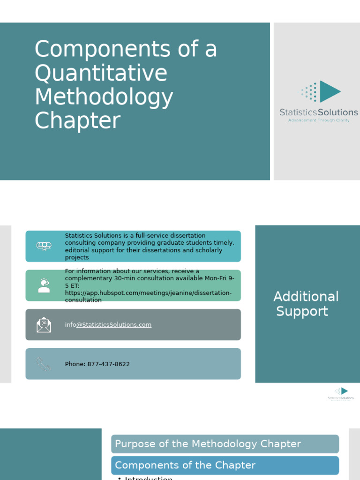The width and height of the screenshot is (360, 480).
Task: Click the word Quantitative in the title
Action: [101, 74]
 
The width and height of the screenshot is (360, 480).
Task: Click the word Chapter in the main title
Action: [77, 120]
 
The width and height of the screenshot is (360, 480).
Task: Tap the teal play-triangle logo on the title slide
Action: [330, 91]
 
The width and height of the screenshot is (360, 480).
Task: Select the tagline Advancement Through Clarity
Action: [319, 120]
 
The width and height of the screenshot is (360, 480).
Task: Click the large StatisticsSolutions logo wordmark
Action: [319, 112]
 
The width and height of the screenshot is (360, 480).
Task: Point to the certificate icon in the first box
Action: [44, 246]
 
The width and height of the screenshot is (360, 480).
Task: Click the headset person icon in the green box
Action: [44, 285]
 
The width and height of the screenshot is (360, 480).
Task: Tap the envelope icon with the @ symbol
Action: [44, 324]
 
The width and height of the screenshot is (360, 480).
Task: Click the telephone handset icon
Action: [44, 364]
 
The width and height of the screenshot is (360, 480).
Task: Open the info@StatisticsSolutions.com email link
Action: [108, 325]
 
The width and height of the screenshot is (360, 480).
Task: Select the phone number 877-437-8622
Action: [108, 364]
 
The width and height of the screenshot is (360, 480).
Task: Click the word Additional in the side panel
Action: [306, 296]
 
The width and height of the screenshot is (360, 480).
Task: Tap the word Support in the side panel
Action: [302, 311]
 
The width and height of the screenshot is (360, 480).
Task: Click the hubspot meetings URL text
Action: [148, 293]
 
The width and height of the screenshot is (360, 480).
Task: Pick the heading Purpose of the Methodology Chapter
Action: [208, 444]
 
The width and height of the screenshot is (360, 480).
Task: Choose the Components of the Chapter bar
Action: [185, 465]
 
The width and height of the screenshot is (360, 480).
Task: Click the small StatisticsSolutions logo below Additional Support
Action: [341, 394]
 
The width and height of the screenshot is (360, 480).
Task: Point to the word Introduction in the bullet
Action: [149, 478]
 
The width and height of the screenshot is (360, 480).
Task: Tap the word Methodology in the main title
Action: [104, 97]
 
